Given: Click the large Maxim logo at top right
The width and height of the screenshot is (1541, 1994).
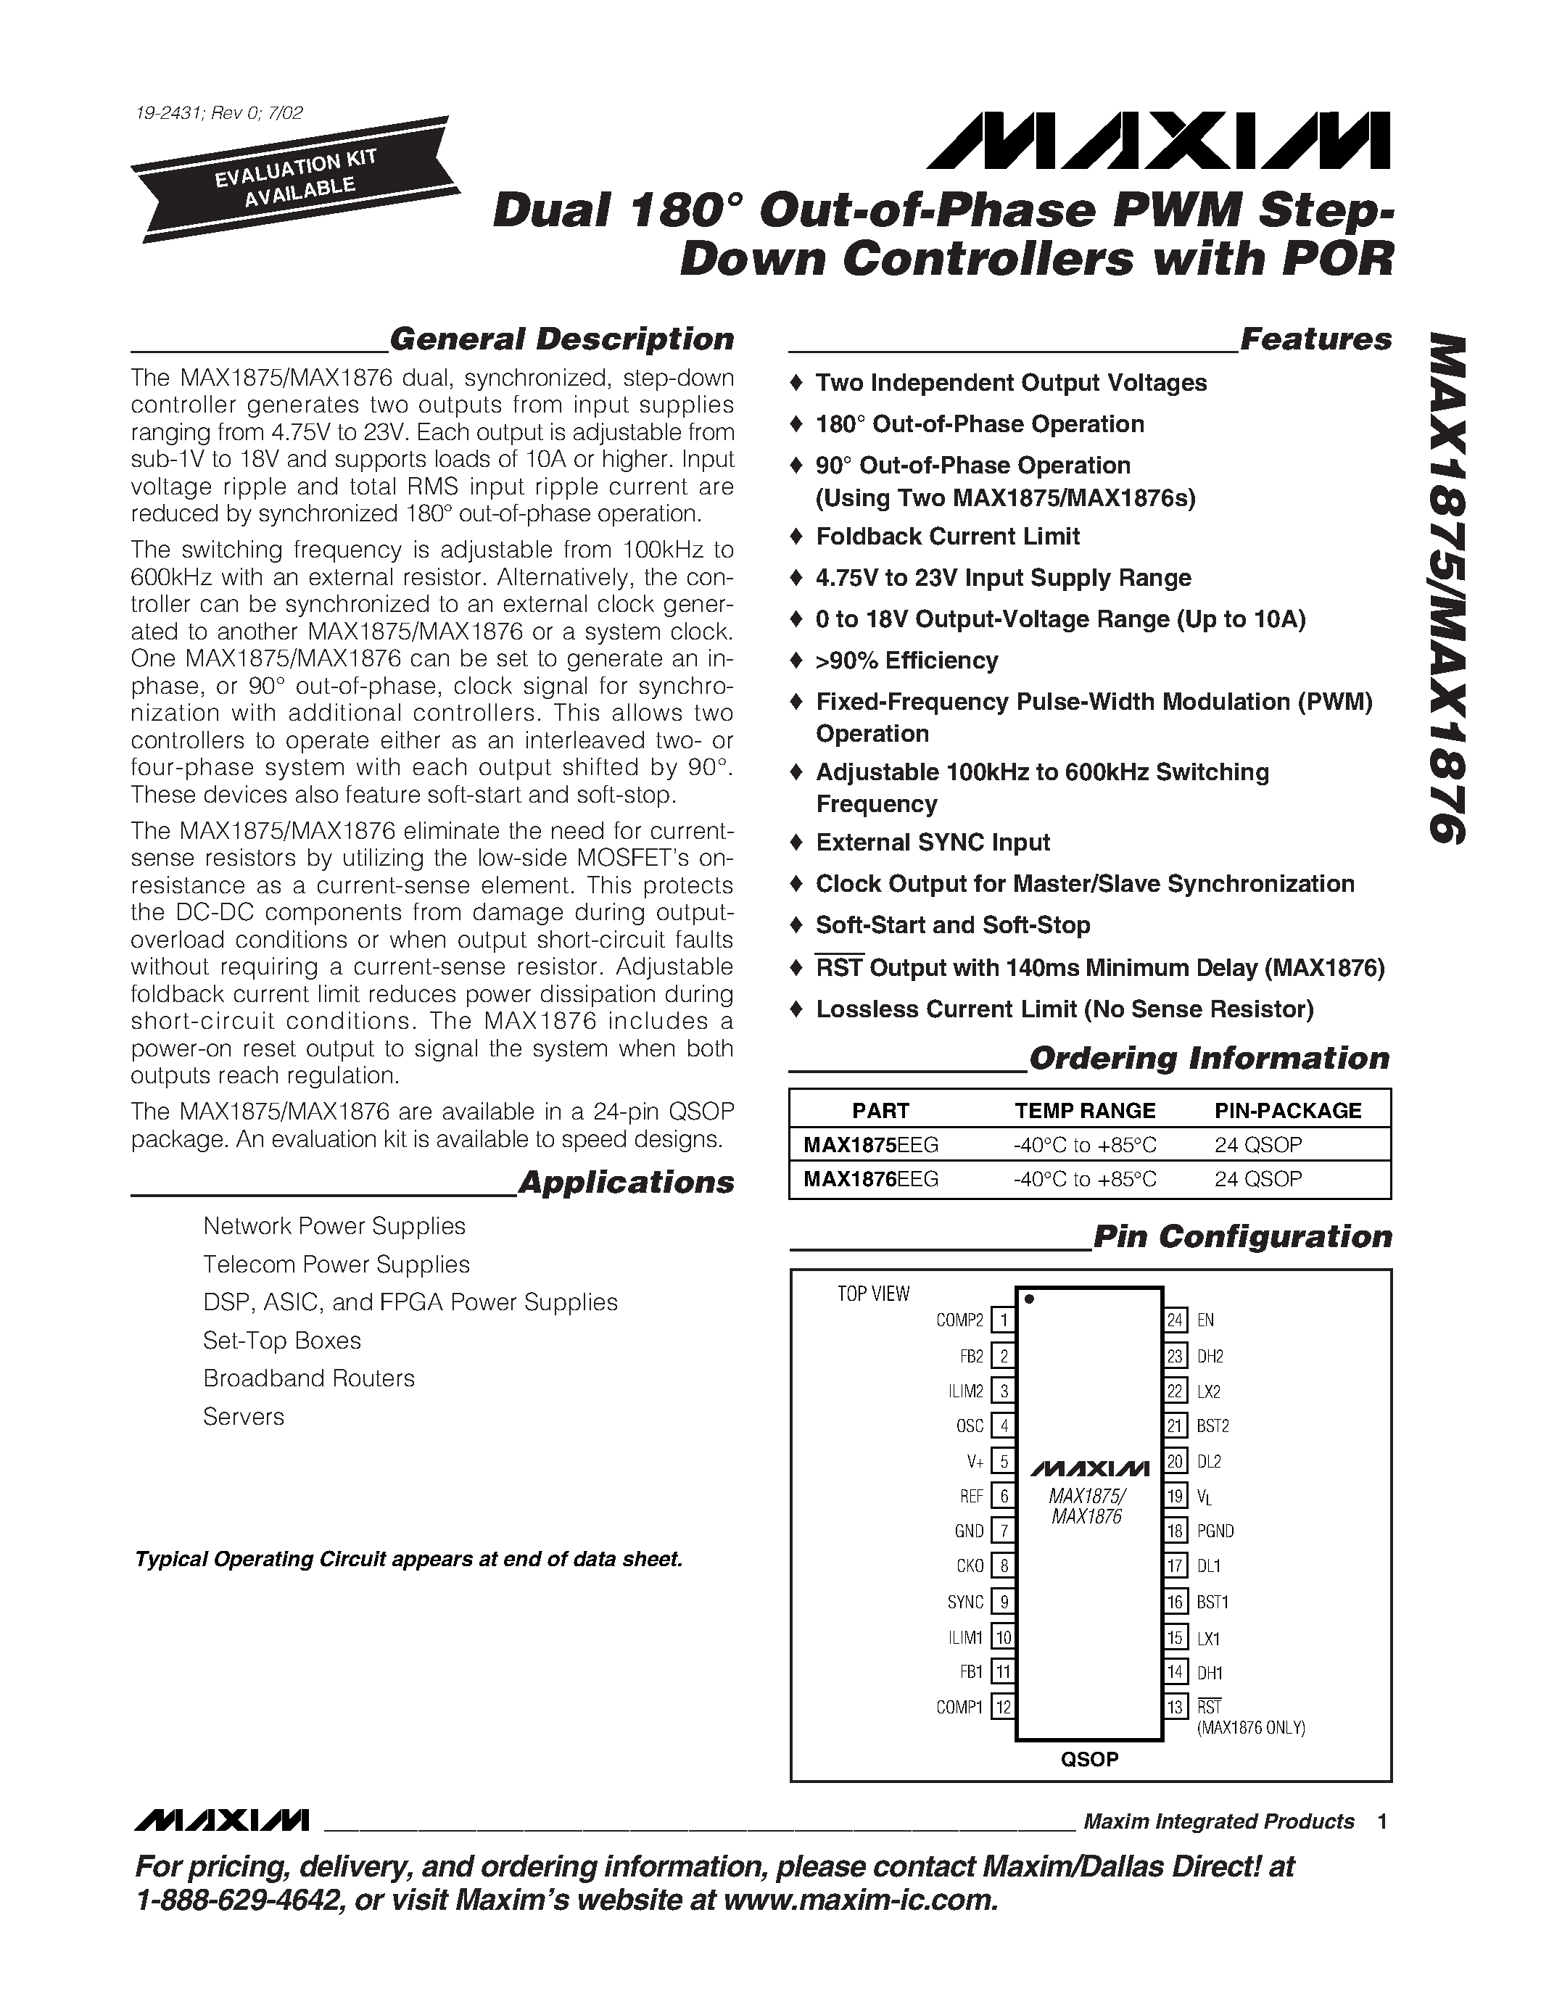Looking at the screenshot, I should pyautogui.click(x=1157, y=141).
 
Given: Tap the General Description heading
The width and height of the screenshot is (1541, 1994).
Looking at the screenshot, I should pyautogui.click(x=561, y=339).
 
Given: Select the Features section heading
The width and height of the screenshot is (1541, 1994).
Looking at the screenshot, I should pyautogui.click(x=1315, y=339).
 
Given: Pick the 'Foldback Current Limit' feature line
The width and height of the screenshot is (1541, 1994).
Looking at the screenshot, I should pyautogui.click(x=948, y=536).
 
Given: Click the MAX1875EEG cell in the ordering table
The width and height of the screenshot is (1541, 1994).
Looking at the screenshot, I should pyautogui.click(x=871, y=1144).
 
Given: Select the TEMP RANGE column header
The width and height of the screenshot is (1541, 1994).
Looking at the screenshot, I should pyautogui.click(x=1085, y=1110).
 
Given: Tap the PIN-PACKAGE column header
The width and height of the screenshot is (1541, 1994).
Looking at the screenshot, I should pyautogui.click(x=1287, y=1110).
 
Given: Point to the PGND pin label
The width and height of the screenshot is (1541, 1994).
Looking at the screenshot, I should pyautogui.click(x=1215, y=1531).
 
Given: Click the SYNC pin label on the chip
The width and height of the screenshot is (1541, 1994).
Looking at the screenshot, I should pyautogui.click(x=965, y=1602).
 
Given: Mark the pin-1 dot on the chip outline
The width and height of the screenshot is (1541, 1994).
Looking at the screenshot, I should pyautogui.click(x=1030, y=1299).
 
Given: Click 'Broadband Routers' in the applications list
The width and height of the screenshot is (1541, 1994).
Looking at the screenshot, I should pyautogui.click(x=309, y=1378).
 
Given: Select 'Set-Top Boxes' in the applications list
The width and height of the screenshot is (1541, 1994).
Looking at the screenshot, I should pyautogui.click(x=282, y=1340).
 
